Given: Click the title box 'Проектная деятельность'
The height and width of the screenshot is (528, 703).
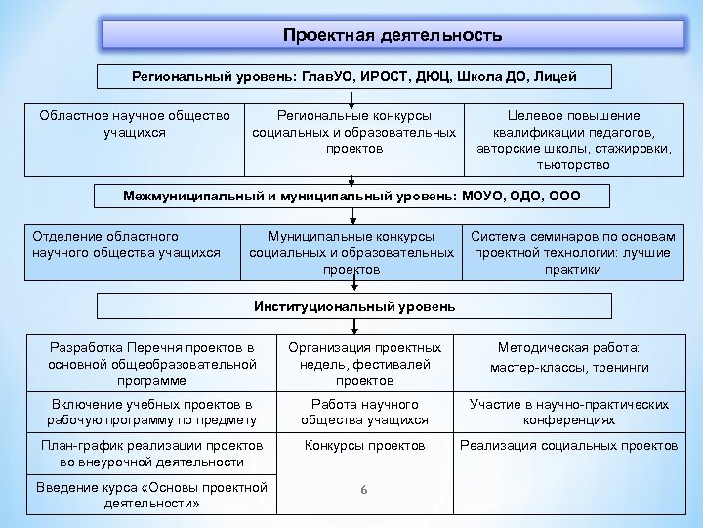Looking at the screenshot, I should [x=393, y=36].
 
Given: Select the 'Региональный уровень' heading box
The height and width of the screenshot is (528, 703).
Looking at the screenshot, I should [x=353, y=76].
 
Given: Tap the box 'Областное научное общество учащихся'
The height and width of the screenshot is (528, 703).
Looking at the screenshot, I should [x=134, y=124].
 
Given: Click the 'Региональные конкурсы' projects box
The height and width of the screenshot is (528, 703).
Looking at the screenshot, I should [x=353, y=132].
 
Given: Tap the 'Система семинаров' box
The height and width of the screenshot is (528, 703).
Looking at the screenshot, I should [x=573, y=252].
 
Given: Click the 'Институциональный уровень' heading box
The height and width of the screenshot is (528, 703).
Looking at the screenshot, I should [x=354, y=306].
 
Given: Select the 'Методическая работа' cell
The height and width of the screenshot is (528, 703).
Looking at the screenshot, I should [x=572, y=357].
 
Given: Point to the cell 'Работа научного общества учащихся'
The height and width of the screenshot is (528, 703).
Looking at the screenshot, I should [x=364, y=413].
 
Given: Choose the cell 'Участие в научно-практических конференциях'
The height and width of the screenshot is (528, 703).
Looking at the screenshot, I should [x=572, y=413].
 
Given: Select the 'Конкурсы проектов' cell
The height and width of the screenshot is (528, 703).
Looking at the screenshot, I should [x=364, y=446].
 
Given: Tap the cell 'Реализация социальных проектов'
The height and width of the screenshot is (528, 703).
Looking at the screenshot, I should [x=572, y=446].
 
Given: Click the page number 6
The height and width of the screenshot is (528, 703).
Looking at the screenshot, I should [x=363, y=489].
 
